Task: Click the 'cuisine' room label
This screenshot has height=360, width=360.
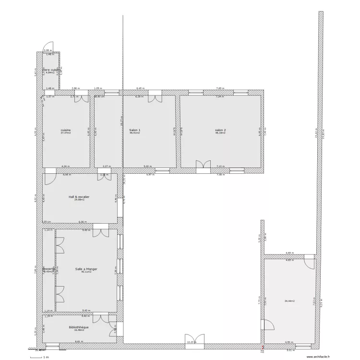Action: (x=66, y=130)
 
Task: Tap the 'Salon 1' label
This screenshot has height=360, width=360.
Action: (x=135, y=130)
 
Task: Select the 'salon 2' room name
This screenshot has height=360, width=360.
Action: (x=220, y=130)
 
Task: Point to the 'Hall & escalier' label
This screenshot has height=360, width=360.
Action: (x=79, y=197)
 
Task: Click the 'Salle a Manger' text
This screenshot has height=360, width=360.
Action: (x=86, y=269)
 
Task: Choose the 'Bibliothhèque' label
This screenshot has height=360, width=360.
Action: (x=79, y=327)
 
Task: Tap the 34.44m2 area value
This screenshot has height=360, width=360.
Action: (x=290, y=301)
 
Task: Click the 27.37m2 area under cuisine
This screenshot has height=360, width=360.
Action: (x=66, y=133)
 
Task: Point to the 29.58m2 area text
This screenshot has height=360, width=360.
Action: (x=79, y=200)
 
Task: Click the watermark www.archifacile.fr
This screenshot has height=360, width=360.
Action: (x=318, y=357)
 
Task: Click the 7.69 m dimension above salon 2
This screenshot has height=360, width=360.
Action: (x=219, y=89)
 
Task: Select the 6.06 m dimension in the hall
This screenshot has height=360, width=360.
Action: (x=83, y=222)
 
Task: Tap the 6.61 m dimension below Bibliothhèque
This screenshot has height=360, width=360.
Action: (x=78, y=341)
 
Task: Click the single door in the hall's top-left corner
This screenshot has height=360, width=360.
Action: (x=49, y=177)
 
